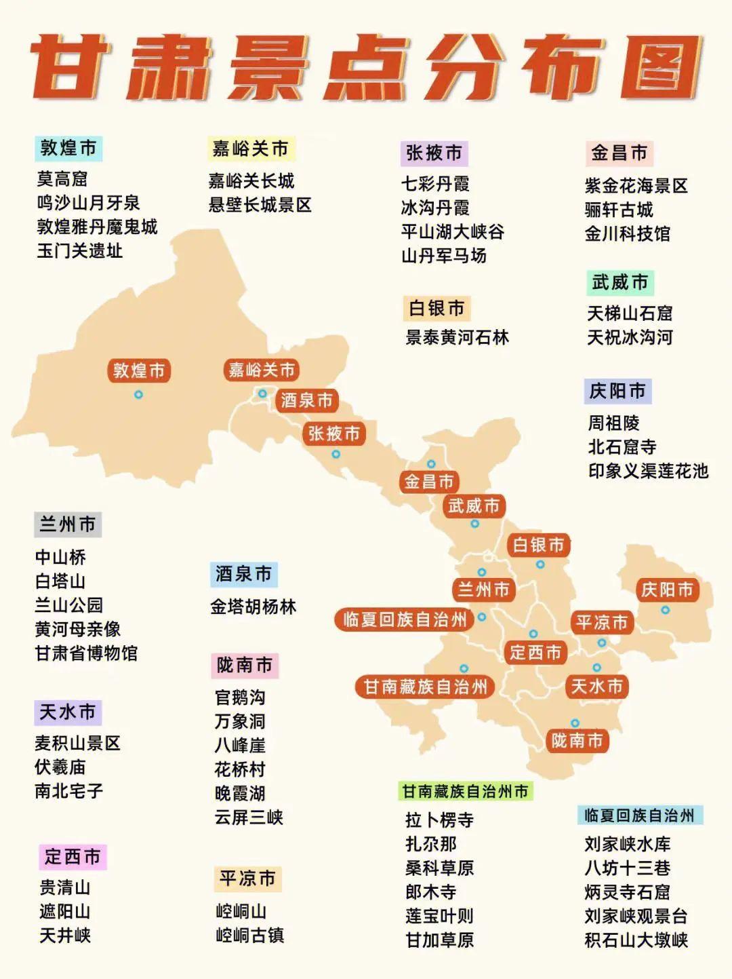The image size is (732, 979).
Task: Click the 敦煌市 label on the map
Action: (139, 370)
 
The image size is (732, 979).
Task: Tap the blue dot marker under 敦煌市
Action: (139, 394)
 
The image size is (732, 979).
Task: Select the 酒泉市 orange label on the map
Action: (307, 400)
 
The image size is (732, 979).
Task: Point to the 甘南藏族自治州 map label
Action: (426, 687)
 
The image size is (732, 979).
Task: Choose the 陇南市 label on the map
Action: (577, 740)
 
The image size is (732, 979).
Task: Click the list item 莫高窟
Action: (62, 179)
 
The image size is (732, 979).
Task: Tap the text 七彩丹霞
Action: (435, 184)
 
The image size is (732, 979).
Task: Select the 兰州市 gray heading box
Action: (67, 524)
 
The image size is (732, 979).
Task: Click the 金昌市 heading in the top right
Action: (619, 153)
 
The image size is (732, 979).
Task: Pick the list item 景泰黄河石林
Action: (457, 337)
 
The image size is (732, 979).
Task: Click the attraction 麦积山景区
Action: (77, 743)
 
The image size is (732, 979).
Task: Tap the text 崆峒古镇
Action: (249, 935)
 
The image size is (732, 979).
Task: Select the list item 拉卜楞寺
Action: (439, 820)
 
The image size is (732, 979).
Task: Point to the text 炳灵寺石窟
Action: (627, 891)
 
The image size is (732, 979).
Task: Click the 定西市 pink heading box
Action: (73, 857)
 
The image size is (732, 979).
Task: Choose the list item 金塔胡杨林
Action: (253, 607)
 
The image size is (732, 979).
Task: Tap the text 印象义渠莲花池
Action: (648, 471)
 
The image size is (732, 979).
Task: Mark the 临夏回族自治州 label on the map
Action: (405, 619)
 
